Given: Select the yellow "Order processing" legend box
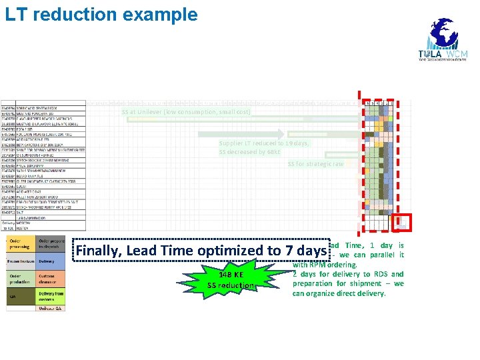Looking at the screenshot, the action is pyautogui.click(x=20, y=243).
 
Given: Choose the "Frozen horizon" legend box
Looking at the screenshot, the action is pyautogui.click(x=20, y=262).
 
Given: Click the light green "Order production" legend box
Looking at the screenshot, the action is pyautogui.click(x=20, y=280).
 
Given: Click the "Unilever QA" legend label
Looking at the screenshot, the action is pyautogui.click(x=51, y=309).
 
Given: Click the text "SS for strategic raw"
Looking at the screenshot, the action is pyautogui.click(x=316, y=164).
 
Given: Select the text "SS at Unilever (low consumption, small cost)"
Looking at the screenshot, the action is pyautogui.click(x=186, y=112).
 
